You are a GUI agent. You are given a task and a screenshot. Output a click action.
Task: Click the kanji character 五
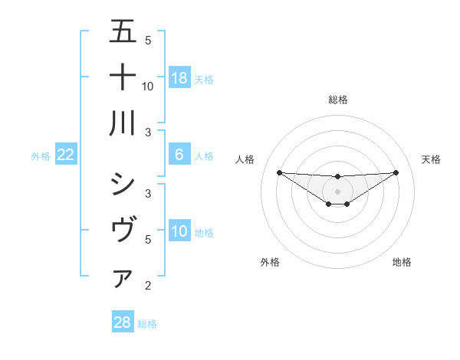(123, 31)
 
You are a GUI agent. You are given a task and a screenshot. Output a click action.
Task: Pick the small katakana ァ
(123, 279)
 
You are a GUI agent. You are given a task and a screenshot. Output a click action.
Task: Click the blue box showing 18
(179, 77)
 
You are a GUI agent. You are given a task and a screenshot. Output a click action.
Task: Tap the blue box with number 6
(179, 155)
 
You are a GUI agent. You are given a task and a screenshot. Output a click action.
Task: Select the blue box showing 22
(66, 155)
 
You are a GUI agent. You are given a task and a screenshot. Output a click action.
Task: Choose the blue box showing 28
(123, 322)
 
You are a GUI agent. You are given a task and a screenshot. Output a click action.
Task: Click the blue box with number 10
(179, 231)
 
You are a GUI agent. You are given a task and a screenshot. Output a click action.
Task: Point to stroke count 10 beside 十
(148, 86)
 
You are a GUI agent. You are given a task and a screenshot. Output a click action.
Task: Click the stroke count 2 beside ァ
(148, 286)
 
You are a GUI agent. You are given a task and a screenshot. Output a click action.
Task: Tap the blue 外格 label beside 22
(41, 155)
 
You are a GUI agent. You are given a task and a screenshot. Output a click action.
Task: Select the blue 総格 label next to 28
(147, 323)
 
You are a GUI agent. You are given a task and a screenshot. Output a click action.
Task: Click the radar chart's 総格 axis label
(337, 100)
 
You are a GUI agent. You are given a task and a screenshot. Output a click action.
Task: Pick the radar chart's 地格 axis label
(402, 262)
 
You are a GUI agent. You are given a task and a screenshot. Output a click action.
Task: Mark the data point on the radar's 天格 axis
(396, 172)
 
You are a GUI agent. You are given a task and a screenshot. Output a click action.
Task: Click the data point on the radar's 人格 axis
(279, 172)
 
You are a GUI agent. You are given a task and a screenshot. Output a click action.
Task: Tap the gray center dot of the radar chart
(337, 191)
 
